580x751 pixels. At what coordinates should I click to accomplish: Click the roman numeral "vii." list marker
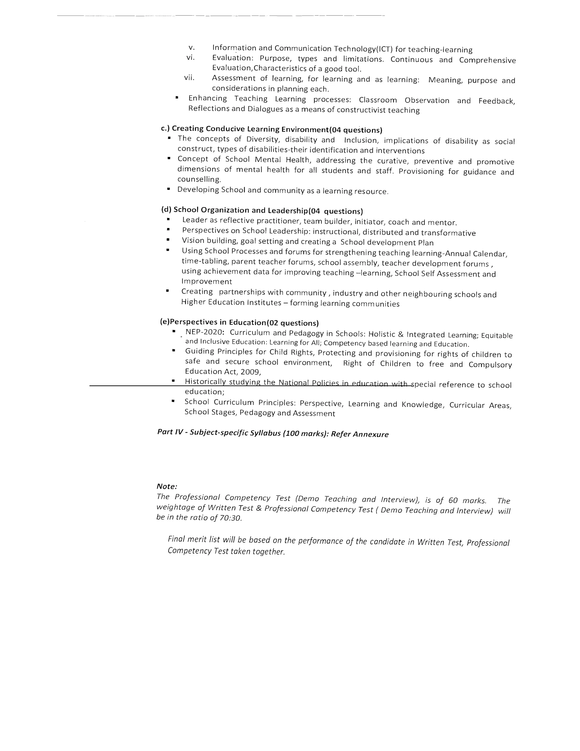(189, 78)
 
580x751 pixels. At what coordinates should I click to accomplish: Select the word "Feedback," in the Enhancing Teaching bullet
(496, 101)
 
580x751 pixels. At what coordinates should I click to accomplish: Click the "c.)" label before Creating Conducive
(165, 128)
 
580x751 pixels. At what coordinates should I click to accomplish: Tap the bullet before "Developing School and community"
(169, 189)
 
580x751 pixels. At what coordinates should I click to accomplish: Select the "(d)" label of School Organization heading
(166, 209)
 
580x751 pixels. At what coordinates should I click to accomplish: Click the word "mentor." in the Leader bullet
(442, 222)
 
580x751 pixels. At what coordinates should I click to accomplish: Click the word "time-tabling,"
(205, 261)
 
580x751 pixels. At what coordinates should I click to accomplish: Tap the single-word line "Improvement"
(206, 282)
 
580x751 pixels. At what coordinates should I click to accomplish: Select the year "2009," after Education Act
(251, 372)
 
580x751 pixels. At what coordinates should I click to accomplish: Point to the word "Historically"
(205, 382)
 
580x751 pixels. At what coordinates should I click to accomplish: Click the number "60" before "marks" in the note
(453, 500)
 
